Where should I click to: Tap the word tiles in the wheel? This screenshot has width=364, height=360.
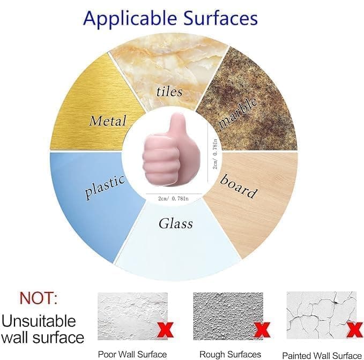[169, 91]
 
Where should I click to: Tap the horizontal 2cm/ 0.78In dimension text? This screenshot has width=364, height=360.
[173, 199]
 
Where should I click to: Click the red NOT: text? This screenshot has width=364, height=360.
[39, 298]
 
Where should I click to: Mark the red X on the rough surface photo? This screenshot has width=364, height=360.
[261, 328]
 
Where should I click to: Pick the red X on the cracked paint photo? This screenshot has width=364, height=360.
[354, 329]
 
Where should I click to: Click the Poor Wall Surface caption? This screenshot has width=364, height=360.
[132, 354]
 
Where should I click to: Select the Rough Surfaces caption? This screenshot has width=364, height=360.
[230, 354]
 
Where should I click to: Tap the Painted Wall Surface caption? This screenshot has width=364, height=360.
[322, 355]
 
